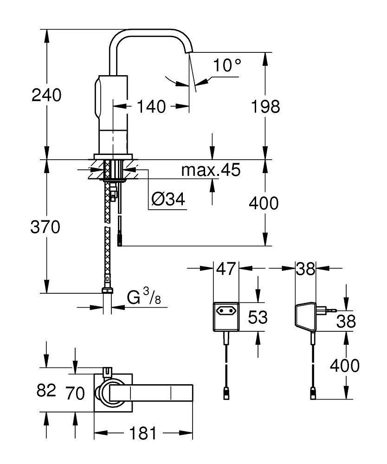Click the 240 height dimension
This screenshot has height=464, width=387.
click(46, 96)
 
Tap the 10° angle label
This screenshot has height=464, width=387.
click(227, 65)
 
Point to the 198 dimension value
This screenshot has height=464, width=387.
click(265, 107)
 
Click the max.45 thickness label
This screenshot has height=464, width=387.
click(211, 170)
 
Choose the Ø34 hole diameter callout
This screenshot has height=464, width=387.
click(168, 200)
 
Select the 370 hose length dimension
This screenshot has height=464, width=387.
click(45, 227)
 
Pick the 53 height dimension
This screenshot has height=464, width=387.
click(258, 317)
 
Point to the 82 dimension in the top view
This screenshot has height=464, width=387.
click(46, 390)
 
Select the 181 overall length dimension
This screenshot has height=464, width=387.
click(143, 434)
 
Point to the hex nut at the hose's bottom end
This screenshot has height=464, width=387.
click(107, 291)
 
